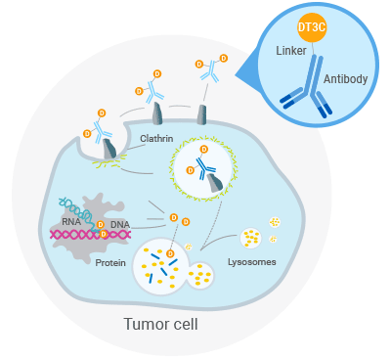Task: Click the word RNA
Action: pos(71,221)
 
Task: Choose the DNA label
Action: pos(119,225)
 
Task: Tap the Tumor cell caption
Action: pos(160,322)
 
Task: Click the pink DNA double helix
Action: pos(98,235)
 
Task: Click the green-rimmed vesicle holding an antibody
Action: pos(202,166)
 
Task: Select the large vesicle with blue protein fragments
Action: pos(160,265)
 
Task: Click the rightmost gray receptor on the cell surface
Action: pos(202,114)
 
